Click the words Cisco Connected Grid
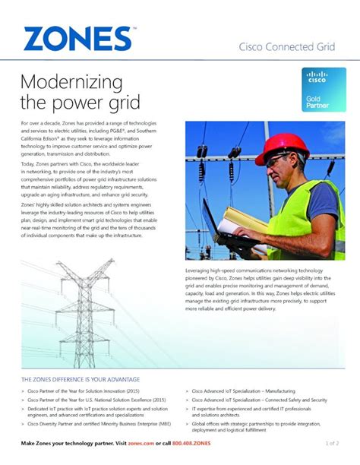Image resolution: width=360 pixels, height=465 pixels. click(287, 47)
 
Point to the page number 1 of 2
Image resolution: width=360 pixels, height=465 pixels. click(332, 441)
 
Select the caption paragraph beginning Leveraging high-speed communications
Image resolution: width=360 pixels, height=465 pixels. click(264, 289)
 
